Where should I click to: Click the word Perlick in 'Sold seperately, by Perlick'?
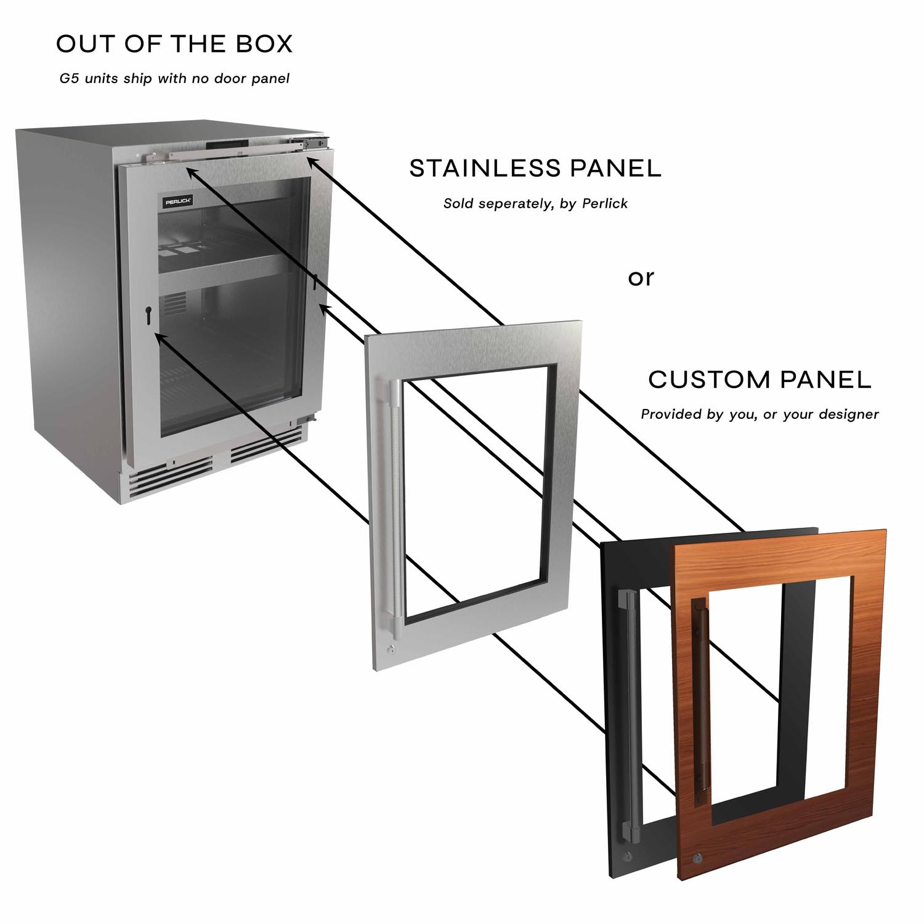(x=605, y=203)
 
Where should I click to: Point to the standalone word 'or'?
(x=641, y=278)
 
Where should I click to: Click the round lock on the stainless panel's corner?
(x=391, y=649)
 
